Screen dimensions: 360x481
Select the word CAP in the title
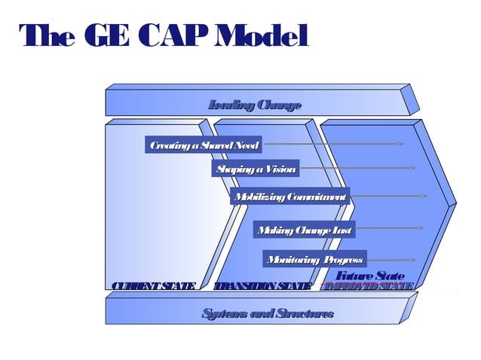pos(164,36)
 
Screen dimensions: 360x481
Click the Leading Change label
pos(255,105)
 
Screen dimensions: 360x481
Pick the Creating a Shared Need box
pos(204,145)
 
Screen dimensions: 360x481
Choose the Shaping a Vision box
pos(256,169)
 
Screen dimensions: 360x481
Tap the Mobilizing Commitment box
pos(290,197)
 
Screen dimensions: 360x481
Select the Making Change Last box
pos(304,230)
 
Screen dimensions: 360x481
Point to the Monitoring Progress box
pos(315,259)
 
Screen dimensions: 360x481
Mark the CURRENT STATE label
pos(153,286)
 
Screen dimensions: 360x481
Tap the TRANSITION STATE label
pos(262,286)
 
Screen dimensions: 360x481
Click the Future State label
pos(369,276)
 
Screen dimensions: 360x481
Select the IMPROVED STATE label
pos(367,286)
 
